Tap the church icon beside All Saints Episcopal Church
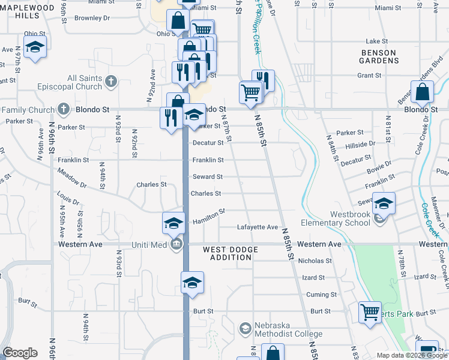[110, 81]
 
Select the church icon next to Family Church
[65, 110]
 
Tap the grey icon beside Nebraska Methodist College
[245, 329]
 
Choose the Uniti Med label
[151, 245]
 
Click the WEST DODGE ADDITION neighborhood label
[231, 253]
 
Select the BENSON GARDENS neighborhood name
[379, 57]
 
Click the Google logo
[20, 353]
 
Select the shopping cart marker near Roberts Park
[370, 312]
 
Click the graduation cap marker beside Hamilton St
[173, 223]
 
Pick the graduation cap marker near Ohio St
[35, 47]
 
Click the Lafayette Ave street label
[258, 227]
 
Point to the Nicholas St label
[315, 261]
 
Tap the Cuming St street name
[318, 295]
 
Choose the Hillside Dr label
[360, 144]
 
